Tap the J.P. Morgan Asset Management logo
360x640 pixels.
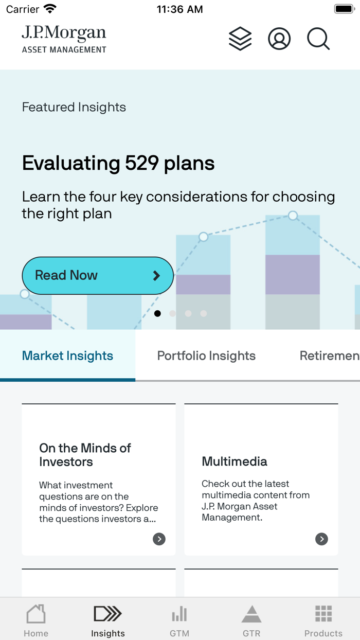point(64,39)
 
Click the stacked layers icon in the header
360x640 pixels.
point(240,39)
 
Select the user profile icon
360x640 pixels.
point(279,39)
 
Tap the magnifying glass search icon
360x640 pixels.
point(318,39)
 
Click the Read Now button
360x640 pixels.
point(98,275)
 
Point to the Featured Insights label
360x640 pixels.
point(74,107)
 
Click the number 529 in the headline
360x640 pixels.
point(142,163)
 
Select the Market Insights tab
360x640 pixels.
point(67,355)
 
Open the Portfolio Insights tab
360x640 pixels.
point(206,355)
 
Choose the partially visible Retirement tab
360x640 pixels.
point(329,355)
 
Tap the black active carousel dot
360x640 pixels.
point(157,313)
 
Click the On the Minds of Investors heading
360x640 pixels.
point(85,455)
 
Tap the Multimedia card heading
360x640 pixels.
point(235,461)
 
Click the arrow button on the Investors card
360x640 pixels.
point(159,539)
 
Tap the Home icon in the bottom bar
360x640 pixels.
point(36,614)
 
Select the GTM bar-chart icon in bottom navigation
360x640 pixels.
point(179,614)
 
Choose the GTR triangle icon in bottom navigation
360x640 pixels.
point(251,614)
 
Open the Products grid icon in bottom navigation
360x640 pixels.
point(323,614)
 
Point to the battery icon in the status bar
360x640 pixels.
point(343,9)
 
